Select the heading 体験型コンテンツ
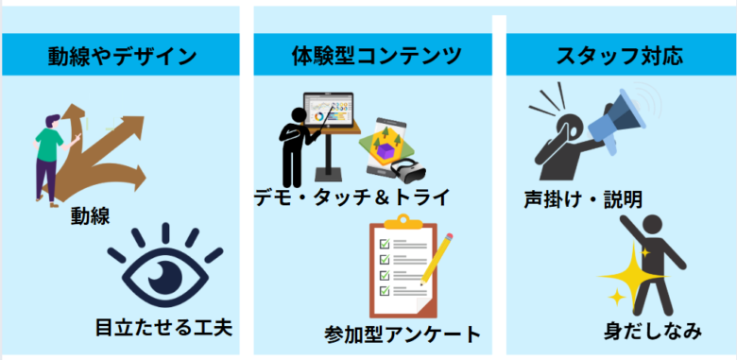coord(375,56)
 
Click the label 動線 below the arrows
coord(91,215)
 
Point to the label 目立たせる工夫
coord(163,328)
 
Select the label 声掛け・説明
coord(584,199)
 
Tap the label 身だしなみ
coord(653,331)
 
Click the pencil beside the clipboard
coord(437,256)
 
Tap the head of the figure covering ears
coord(554,127)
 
